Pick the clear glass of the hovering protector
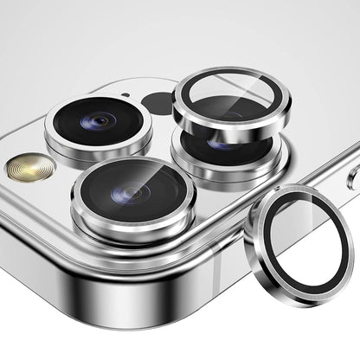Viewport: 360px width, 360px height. coord(231,101)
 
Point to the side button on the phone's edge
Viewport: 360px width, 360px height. coord(354,177)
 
